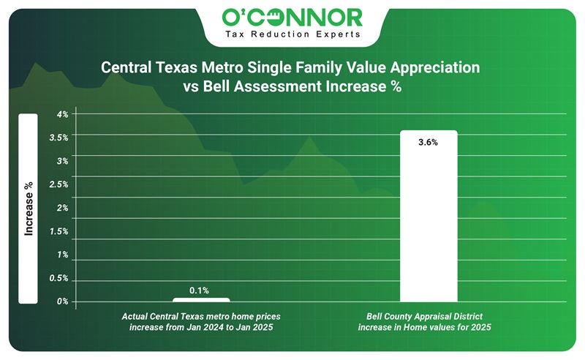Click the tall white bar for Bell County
(x=428, y=220)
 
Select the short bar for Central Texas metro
(x=201, y=299)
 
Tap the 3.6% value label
(x=428, y=143)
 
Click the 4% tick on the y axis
(x=62, y=114)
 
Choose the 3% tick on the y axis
(x=62, y=161)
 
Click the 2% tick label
(x=62, y=208)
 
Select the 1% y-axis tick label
(x=62, y=255)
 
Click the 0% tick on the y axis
(x=62, y=301)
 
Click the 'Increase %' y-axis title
(x=29, y=209)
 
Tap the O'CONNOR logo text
(x=292, y=17)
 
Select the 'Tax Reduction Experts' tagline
(x=292, y=34)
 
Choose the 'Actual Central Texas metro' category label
(x=201, y=316)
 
